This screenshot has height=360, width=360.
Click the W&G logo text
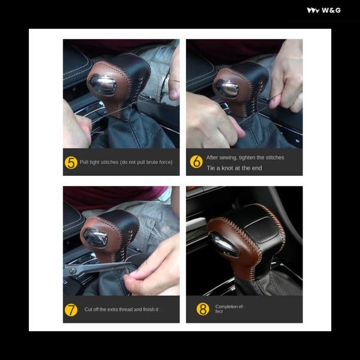[331, 10]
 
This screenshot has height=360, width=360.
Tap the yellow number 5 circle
[71, 163]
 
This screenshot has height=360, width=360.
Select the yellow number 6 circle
[196, 161]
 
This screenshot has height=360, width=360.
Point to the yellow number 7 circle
[71, 310]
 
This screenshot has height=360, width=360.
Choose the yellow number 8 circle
[203, 309]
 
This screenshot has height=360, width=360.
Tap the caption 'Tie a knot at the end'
[234, 168]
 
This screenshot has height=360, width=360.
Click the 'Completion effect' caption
[229, 309]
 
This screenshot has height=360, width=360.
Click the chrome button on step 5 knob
[103, 85]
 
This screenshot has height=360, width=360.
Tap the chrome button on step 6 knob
[227, 89]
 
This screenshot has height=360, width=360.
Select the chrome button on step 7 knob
[95, 238]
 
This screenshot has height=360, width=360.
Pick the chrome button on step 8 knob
[224, 245]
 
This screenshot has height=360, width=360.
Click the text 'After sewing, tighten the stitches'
[245, 157]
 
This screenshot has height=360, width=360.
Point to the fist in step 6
[211, 122]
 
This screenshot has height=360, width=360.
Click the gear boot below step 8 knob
[269, 284]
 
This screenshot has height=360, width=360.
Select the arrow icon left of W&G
[313, 10]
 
